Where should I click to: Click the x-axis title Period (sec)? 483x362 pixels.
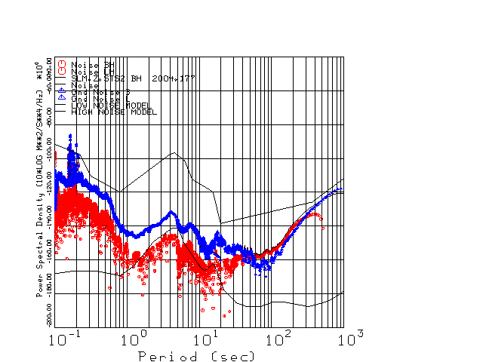pyautogui.click(x=196, y=355)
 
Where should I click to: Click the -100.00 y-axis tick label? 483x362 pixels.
pyautogui.click(x=49, y=149)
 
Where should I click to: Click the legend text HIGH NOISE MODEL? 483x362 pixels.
pyautogui.click(x=113, y=112)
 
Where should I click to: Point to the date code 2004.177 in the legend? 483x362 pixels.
pyautogui.click(x=173, y=78)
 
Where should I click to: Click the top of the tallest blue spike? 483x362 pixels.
pyautogui.click(x=71, y=135)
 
